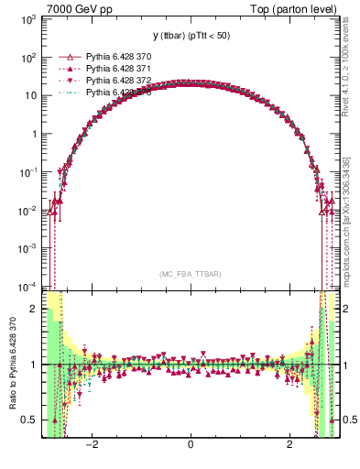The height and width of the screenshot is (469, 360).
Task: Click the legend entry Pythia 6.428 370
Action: pyautogui.click(x=117, y=57)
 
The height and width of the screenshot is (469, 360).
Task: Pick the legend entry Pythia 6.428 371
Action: pyautogui.click(x=117, y=69)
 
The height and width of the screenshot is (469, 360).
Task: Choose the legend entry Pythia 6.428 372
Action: pyautogui.click(x=117, y=81)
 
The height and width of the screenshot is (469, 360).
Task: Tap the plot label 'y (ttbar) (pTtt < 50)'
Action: pyautogui.click(x=191, y=36)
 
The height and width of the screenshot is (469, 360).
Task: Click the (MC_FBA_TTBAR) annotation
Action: pyautogui.click(x=190, y=275)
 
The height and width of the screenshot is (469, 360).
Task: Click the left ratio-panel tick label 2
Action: pyautogui.click(x=34, y=309)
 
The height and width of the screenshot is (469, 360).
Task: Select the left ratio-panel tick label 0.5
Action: pyautogui.click(x=30, y=420)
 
